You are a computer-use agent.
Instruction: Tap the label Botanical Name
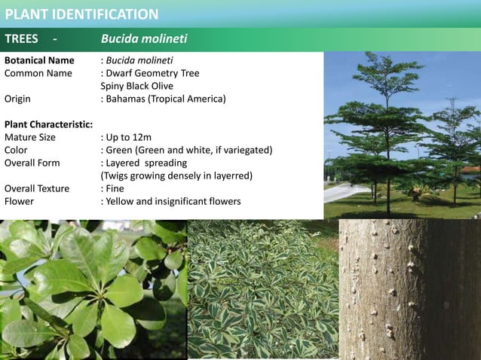[x=39, y=60]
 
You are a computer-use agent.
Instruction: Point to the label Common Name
[x=38, y=73]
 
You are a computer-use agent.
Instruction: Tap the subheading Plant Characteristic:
[x=49, y=124]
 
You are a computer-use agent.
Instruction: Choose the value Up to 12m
[x=129, y=137]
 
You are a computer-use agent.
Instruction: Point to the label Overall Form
[x=32, y=163]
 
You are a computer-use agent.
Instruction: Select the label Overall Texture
[x=37, y=188]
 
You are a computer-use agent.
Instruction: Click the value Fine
[x=116, y=188]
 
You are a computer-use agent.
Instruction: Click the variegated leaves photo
[x=262, y=289]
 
